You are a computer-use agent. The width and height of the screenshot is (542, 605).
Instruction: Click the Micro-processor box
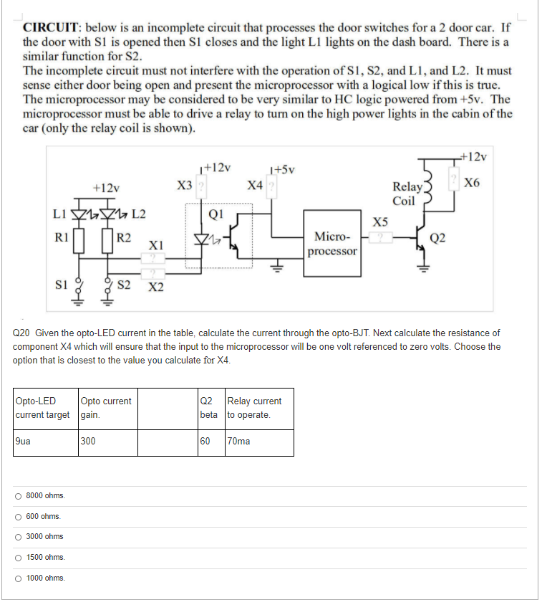(x=332, y=244)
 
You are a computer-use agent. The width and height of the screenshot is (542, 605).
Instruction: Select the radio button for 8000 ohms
(x=18, y=496)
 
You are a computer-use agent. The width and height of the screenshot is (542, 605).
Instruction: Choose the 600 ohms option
(x=18, y=516)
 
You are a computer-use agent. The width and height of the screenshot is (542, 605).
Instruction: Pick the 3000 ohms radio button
(x=18, y=536)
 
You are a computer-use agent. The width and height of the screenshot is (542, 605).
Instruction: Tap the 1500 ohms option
(x=18, y=557)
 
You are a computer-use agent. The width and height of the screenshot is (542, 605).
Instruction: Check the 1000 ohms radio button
(x=18, y=578)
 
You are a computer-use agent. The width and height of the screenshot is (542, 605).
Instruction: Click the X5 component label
(x=380, y=221)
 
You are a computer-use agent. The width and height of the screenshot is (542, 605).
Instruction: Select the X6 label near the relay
(x=472, y=182)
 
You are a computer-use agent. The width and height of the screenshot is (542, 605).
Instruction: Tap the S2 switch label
(x=123, y=285)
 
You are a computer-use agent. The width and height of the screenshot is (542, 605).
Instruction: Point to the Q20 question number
(x=23, y=333)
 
